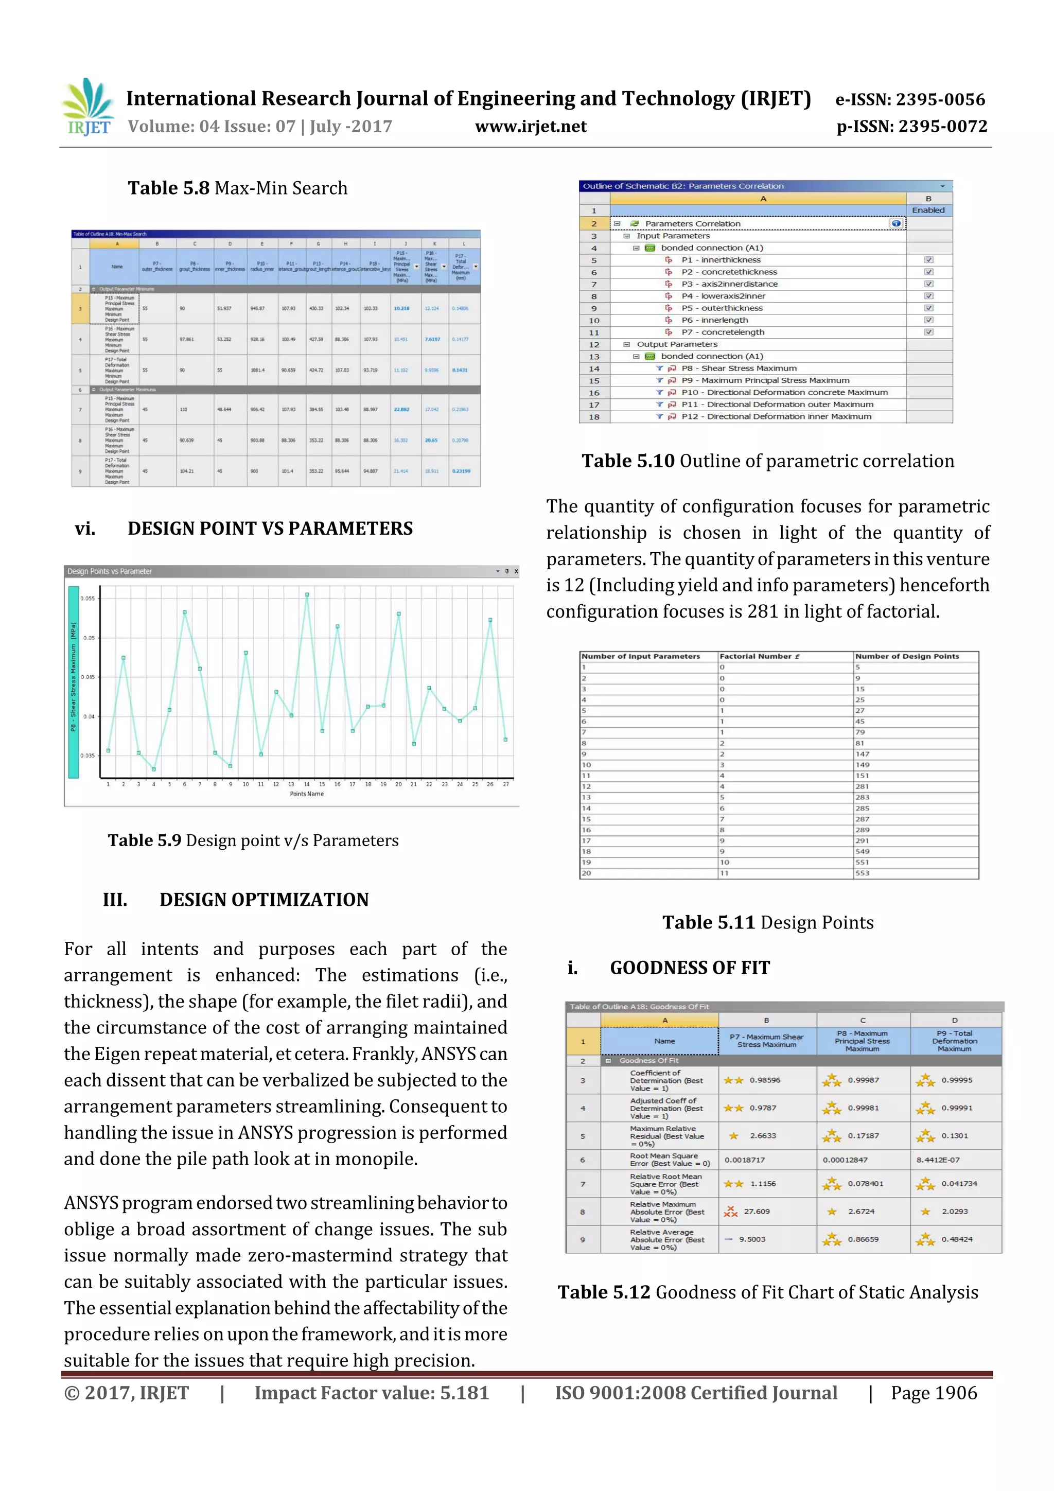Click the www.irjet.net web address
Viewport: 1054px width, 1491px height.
(x=531, y=127)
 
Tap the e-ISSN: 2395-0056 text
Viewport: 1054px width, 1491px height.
(x=910, y=99)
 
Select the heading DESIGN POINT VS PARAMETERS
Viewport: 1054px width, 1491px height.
(x=270, y=529)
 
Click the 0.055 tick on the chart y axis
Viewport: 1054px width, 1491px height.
(x=87, y=598)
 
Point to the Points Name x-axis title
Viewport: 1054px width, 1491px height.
(x=307, y=794)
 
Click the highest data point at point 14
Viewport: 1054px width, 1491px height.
(x=307, y=594)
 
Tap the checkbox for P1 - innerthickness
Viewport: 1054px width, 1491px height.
(x=928, y=260)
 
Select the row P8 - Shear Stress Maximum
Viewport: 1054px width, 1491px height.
(x=739, y=368)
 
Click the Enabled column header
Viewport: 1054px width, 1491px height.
(x=928, y=210)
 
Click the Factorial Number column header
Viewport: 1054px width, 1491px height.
(x=759, y=657)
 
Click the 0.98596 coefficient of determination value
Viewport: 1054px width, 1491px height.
(x=765, y=1080)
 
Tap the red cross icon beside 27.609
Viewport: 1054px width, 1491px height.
(x=731, y=1211)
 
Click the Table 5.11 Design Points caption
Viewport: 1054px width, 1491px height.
(x=768, y=923)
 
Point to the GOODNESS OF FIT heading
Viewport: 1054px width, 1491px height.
(x=689, y=968)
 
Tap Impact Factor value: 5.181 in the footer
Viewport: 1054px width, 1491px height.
(x=372, y=1393)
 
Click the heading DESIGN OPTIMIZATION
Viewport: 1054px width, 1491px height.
(x=263, y=900)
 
